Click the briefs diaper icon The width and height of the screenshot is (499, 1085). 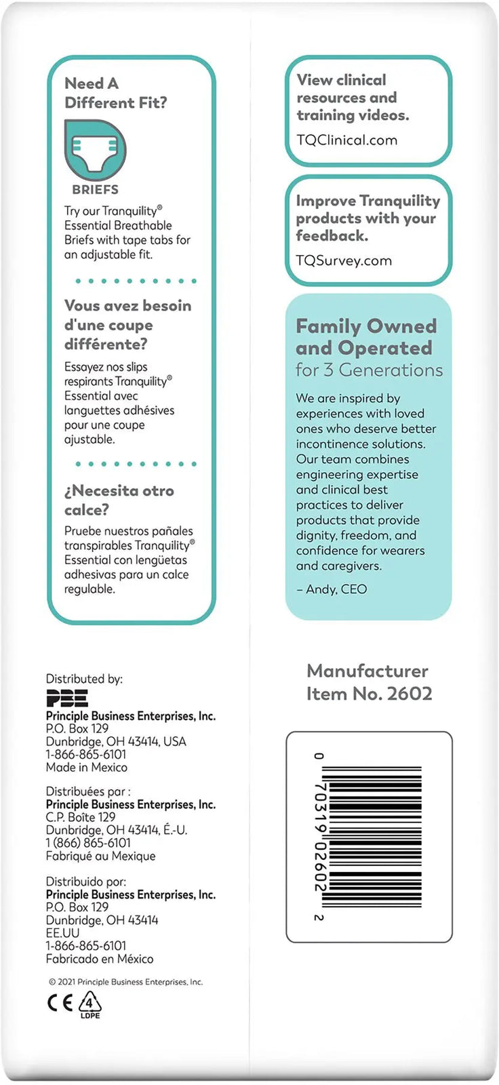point(96,150)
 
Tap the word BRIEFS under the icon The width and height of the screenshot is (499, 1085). point(96,190)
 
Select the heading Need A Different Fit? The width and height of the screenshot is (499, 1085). point(115,93)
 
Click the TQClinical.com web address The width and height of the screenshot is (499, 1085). point(347,140)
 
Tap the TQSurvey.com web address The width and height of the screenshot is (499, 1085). point(344,260)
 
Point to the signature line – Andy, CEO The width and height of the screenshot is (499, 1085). point(332,589)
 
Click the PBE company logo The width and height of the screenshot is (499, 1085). point(67,698)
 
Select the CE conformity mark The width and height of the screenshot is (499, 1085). point(60,1003)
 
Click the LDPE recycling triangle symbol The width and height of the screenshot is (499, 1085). point(90,1004)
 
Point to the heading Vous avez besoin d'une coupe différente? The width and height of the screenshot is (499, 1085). point(127,325)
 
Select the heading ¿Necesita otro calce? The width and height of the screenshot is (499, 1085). point(119,500)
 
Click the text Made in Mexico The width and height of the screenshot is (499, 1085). point(86,768)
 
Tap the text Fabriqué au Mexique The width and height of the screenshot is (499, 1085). point(100,856)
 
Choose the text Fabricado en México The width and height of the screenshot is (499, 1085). point(100,959)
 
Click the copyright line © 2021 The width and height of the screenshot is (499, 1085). point(125,982)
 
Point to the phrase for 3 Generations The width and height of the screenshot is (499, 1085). point(369,370)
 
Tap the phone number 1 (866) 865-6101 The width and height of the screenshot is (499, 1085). point(88,843)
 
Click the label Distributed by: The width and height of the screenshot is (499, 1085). point(84,679)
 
